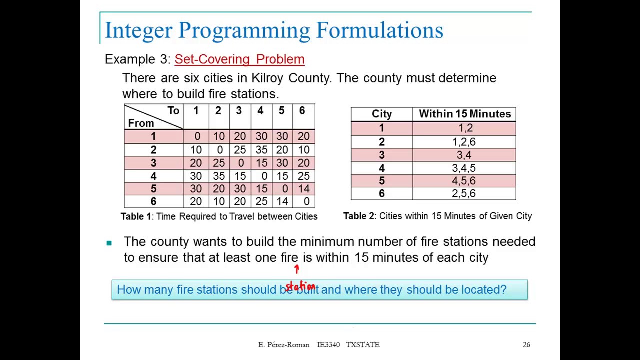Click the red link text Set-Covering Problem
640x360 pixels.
coord(239,59)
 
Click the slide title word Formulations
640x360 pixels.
coord(379,30)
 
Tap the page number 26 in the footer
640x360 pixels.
coord(526,345)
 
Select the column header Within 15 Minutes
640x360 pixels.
coord(465,114)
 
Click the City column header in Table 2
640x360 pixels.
coord(382,114)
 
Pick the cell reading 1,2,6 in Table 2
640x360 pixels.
coord(464,142)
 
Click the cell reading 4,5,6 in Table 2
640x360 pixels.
coord(464,181)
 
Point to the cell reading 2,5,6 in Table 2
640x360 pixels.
coord(464,194)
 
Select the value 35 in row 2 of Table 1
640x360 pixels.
coord(260,150)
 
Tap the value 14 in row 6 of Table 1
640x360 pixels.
coord(282,201)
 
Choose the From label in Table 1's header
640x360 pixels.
coord(141,123)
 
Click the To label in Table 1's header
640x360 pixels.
coord(173,111)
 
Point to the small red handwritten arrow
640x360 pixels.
coord(296,270)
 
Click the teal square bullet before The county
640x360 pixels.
coord(109,243)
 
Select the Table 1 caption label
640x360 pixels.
coord(136,216)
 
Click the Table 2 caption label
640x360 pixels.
coord(358,216)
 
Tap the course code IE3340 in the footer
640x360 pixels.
coord(328,345)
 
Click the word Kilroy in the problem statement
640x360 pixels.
coord(267,78)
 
